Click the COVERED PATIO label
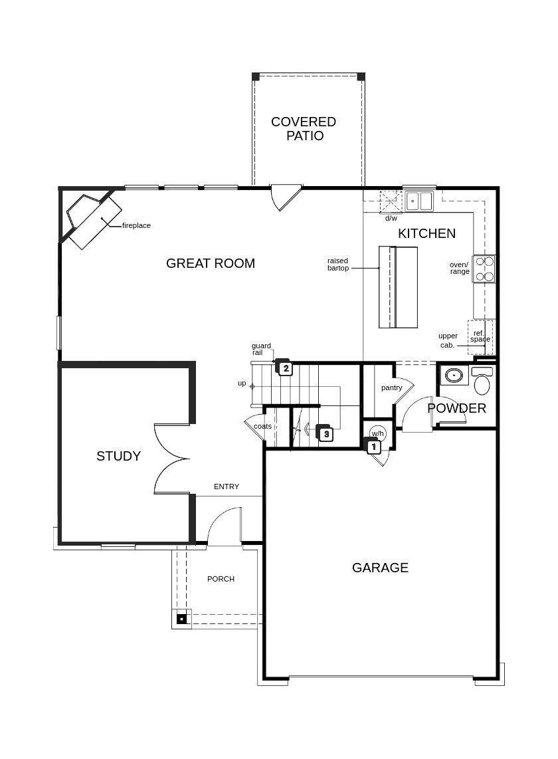coord(304,128)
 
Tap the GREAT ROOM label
coord(211,263)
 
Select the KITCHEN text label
coord(427,233)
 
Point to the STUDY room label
coord(118,456)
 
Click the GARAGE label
coord(380,568)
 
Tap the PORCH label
coord(221,579)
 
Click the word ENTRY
coord(227,487)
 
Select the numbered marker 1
coord(373,447)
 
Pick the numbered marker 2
coord(286,369)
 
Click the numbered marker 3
coord(326,434)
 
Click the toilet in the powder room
coord(482,381)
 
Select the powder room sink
coord(454,376)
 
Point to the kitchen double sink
coord(419,201)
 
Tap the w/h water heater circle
coord(377,433)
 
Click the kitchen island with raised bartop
coord(398,287)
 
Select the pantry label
coord(391,387)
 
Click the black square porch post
coord(181,619)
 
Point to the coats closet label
coord(263,426)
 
